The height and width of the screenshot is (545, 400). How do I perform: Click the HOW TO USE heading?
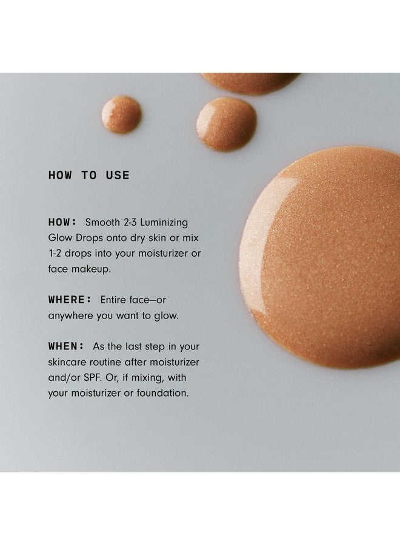(x=88, y=176)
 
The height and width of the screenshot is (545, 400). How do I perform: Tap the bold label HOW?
(x=62, y=222)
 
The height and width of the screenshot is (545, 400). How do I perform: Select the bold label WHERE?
(x=69, y=300)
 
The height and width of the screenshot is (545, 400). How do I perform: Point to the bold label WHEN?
(x=66, y=346)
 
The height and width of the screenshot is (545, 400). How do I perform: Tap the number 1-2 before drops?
(x=56, y=254)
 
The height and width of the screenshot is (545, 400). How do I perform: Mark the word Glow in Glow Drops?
(x=60, y=238)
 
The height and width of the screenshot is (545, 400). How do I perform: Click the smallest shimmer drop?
(x=121, y=114)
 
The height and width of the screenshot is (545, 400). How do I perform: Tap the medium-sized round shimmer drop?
(x=226, y=124)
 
